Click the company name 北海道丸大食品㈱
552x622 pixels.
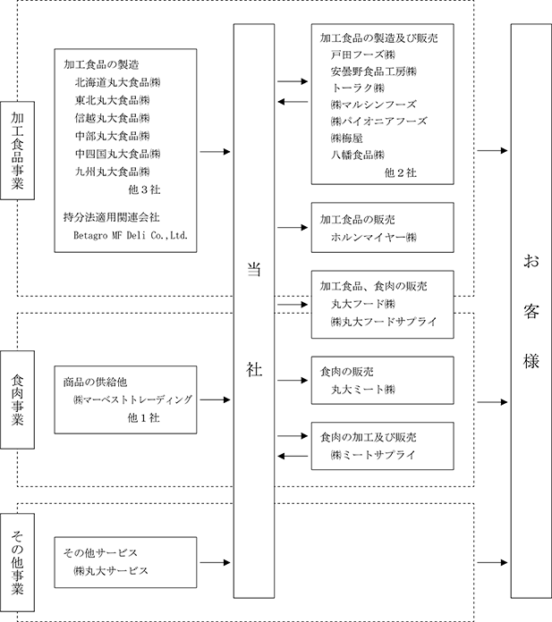point(117,82)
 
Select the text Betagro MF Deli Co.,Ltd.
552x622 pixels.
point(131,235)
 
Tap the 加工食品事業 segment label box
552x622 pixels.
point(18,150)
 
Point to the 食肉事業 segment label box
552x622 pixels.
point(18,399)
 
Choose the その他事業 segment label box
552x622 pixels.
point(18,562)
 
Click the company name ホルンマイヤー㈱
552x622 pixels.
point(374,237)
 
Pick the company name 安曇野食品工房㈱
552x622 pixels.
point(374,71)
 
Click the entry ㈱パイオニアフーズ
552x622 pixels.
point(378,121)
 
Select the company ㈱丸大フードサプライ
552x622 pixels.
point(384,322)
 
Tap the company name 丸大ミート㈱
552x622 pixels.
point(363,390)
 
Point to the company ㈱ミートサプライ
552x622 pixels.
point(373,455)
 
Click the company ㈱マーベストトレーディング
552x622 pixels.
point(132,399)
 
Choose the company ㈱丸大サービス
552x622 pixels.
point(111,571)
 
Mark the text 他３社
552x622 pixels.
point(144,189)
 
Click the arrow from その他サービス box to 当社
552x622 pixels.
point(215,562)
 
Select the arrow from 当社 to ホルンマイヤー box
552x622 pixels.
point(293,227)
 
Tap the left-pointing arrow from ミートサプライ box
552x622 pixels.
point(293,456)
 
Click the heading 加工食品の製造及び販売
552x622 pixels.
point(378,38)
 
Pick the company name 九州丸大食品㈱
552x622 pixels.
point(113,172)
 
